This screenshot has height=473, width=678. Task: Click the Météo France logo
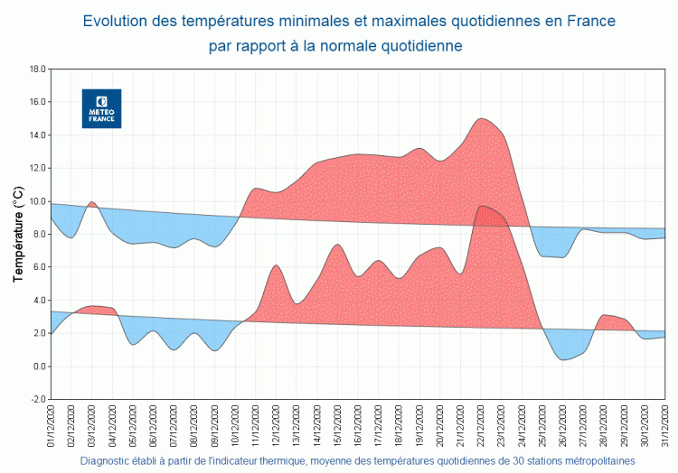101,108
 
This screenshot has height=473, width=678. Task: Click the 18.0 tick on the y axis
37,69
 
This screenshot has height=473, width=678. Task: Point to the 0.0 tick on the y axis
39,366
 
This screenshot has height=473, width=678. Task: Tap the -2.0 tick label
37,399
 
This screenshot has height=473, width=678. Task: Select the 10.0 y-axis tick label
37,201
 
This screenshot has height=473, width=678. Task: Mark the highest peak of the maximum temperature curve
481,118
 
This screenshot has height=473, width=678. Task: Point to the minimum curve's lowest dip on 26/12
562,360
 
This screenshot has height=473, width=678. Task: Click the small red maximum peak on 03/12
91,202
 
